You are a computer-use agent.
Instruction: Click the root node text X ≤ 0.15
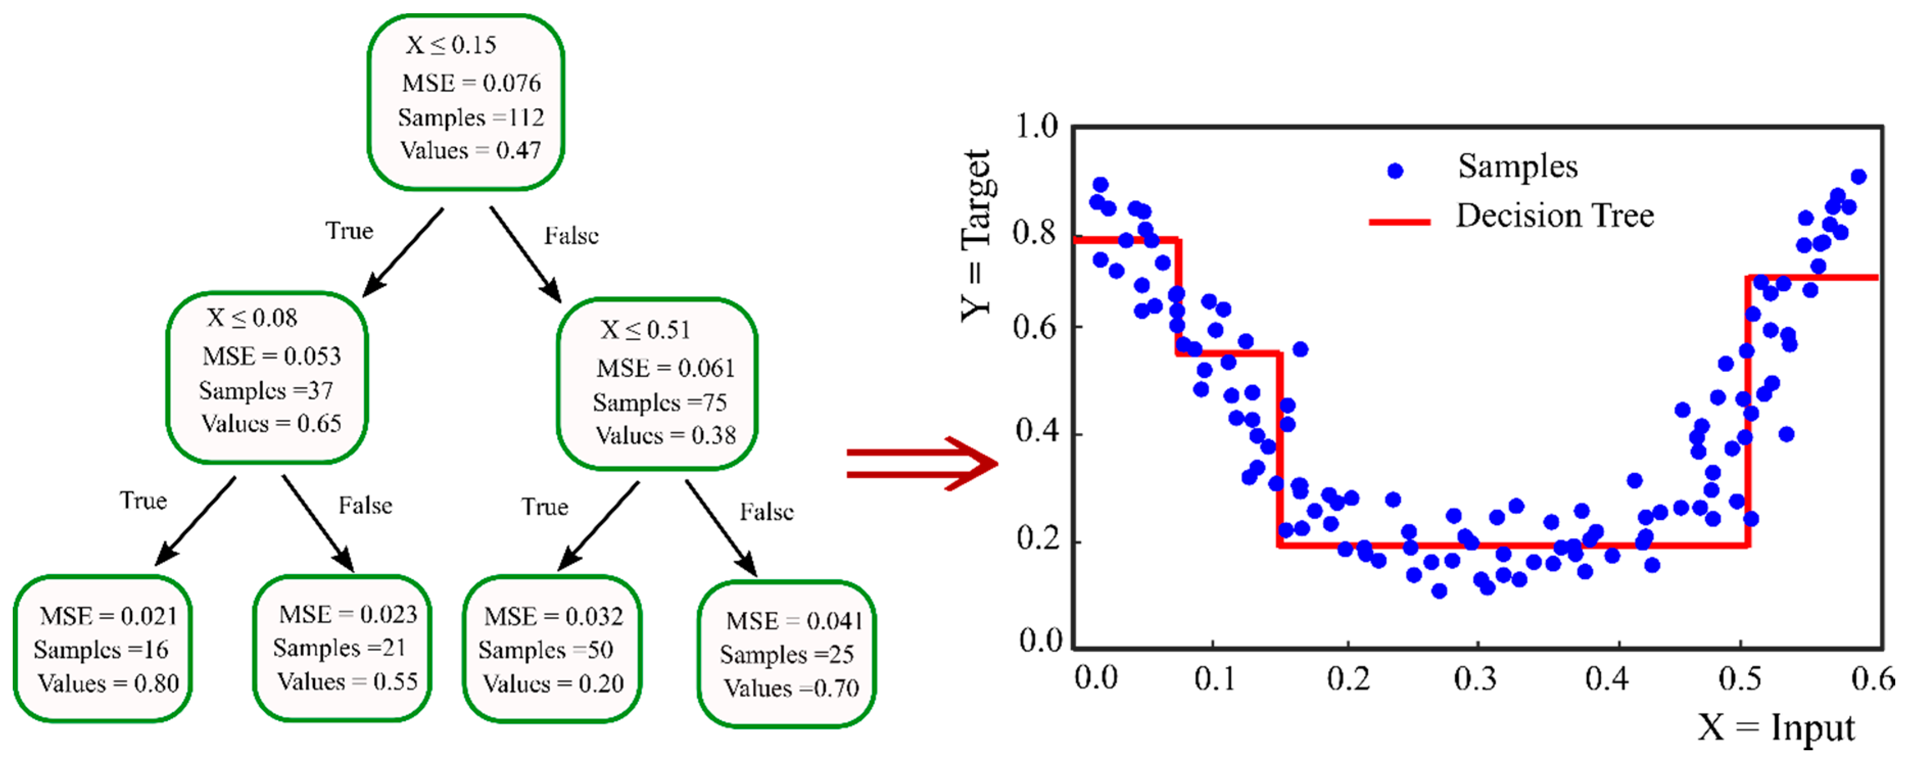[451, 45]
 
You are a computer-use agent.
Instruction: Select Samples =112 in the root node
[471, 117]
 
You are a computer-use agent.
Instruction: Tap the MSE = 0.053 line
[272, 356]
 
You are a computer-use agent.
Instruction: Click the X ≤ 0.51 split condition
[645, 329]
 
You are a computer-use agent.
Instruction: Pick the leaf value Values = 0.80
[109, 683]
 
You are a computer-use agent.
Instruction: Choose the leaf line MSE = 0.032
[554, 616]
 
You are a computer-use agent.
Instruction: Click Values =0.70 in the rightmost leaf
[791, 688]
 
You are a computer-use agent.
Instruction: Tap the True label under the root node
[349, 230]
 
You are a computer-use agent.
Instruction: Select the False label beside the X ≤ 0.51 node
[766, 512]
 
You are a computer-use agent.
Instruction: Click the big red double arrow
[922, 464]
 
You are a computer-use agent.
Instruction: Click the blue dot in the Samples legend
[1395, 171]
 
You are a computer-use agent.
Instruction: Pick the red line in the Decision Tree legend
[1399, 221]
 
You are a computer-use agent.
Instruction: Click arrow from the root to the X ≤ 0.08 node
[403, 252]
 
